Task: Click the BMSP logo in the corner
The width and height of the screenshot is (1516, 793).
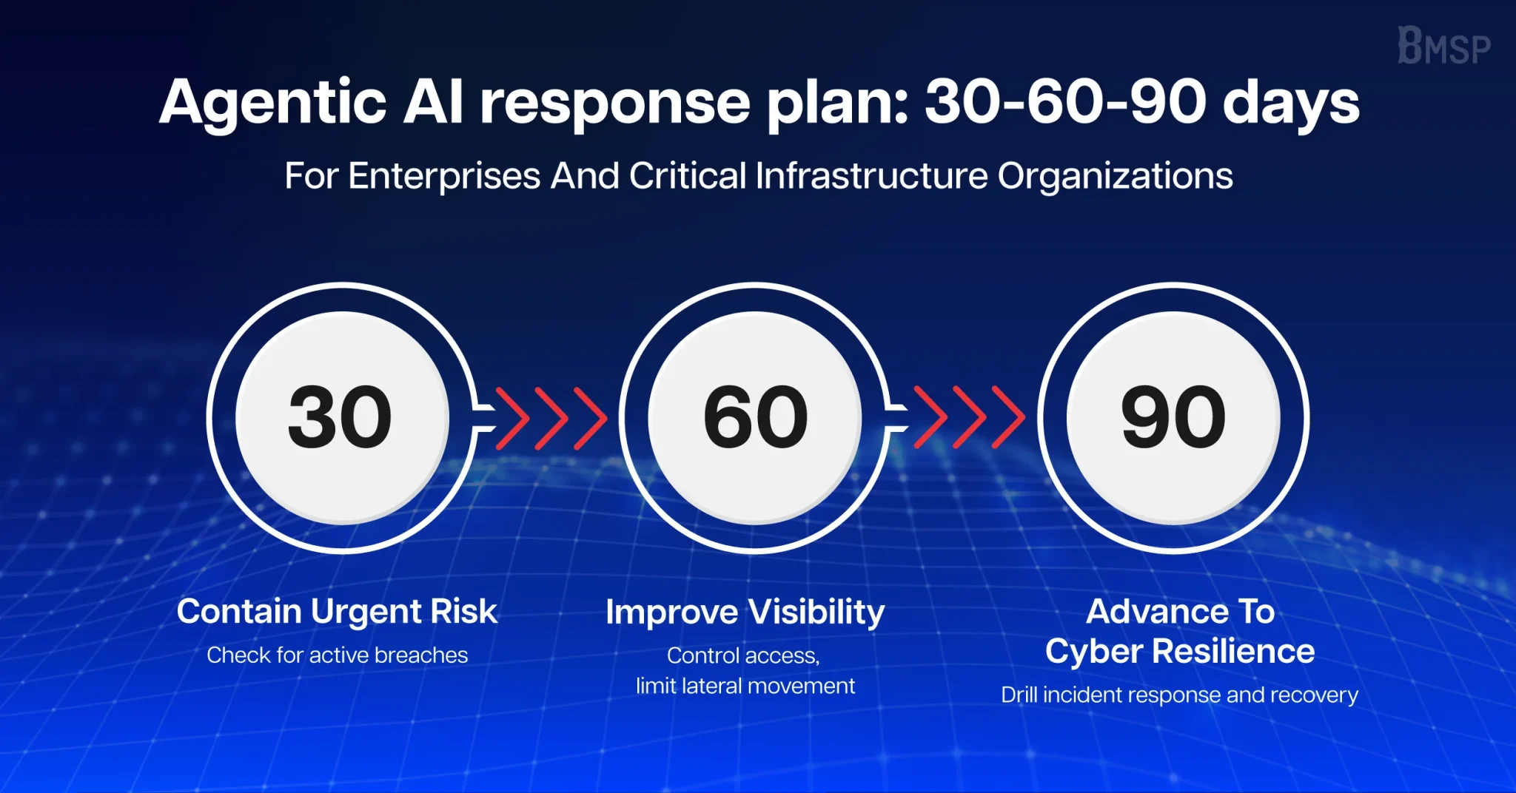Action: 1443,45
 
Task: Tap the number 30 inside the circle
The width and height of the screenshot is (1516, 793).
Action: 340,417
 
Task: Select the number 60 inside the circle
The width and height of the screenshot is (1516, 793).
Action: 755,417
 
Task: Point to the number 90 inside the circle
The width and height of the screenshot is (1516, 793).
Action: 1173,417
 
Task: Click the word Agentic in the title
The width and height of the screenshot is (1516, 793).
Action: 273,104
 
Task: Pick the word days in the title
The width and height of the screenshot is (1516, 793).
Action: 1291,104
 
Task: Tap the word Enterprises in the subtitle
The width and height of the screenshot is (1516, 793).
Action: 444,177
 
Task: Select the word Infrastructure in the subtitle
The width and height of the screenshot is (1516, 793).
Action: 871,176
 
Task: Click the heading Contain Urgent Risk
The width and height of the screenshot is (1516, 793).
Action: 337,612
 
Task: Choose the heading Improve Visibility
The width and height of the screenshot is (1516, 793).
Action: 745,613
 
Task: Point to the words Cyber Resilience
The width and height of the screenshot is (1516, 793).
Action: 1180,652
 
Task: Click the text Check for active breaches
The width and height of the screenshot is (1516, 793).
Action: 337,655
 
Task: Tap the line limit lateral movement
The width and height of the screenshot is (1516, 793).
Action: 745,686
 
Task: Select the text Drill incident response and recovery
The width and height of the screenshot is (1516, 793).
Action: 1179,695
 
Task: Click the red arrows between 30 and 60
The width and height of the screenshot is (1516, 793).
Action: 551,419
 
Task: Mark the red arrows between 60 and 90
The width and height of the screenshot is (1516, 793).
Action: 969,419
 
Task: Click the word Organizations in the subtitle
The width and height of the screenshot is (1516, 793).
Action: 1115,177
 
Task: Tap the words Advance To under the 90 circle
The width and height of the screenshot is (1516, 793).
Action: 1181,612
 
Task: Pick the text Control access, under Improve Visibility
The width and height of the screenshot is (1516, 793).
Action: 743,655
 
